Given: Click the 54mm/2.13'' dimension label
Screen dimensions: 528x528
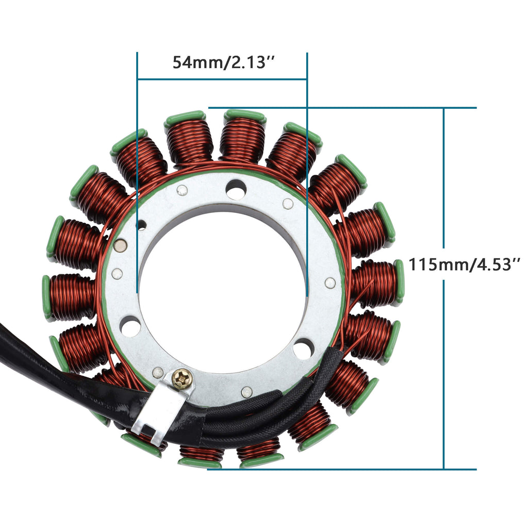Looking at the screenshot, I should click(222, 62).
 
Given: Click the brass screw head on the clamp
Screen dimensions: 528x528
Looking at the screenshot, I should click(183, 380).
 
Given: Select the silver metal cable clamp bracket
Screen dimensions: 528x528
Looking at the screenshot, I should click(160, 402).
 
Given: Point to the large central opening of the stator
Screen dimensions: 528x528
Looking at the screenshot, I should click(222, 289).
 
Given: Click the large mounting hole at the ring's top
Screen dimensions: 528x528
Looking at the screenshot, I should click(236, 190).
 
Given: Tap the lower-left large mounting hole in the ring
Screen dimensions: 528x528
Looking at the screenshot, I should click(130, 326).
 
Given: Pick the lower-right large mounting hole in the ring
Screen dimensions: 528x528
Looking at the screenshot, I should click(303, 349).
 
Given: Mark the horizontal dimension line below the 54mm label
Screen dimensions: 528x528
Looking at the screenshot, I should click(222, 79).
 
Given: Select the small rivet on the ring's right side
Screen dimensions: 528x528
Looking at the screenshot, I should click(330, 282).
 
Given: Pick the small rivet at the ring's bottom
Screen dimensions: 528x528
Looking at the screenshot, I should click(246, 392).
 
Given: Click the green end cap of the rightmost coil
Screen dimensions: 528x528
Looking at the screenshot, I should click(400, 282).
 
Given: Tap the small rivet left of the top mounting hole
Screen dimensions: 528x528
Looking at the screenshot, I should click(182, 190).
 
